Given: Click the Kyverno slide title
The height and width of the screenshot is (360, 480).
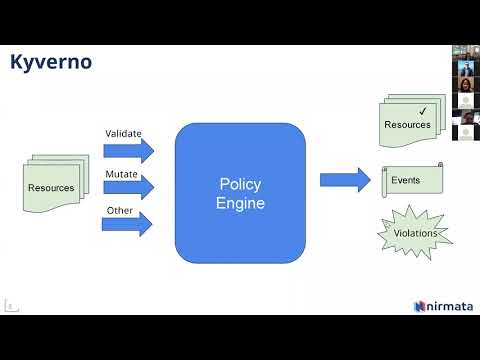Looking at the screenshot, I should (x=51, y=62).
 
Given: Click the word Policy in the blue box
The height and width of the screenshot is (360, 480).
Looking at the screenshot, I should (x=239, y=184).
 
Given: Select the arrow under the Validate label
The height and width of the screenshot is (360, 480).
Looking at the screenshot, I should (x=129, y=151).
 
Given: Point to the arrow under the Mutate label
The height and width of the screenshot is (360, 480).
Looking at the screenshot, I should (x=129, y=187).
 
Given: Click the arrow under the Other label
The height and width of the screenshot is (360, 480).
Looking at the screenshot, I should (x=129, y=224).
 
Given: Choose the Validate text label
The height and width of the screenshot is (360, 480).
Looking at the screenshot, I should (x=123, y=133).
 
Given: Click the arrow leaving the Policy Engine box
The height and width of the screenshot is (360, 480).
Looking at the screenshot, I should (x=345, y=180).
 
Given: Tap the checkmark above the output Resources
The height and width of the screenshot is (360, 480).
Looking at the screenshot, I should (x=423, y=110).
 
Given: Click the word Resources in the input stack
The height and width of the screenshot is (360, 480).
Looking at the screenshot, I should (x=49, y=187).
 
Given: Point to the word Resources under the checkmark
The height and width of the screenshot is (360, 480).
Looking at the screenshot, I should (x=407, y=125).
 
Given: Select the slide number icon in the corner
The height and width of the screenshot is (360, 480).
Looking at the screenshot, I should (x=10, y=305).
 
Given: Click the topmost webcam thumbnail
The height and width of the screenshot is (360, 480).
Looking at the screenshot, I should (x=465, y=51).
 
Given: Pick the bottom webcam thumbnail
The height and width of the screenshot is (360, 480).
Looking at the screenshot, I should (x=465, y=130).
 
